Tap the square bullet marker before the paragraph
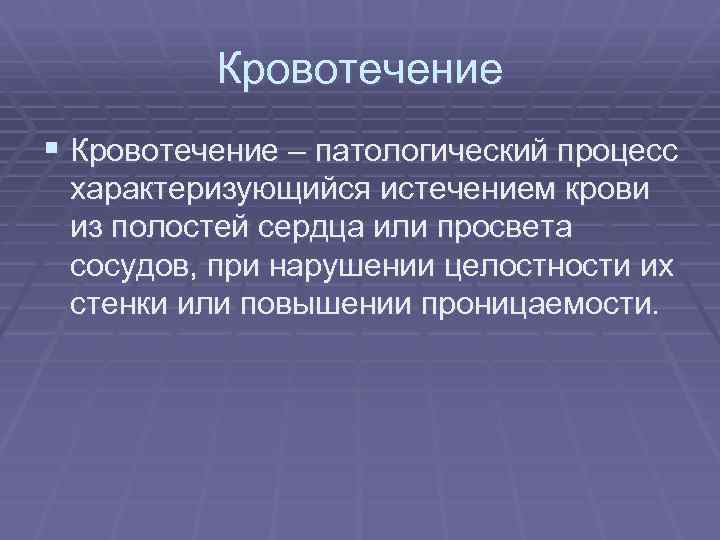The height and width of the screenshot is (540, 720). click(52, 151)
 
